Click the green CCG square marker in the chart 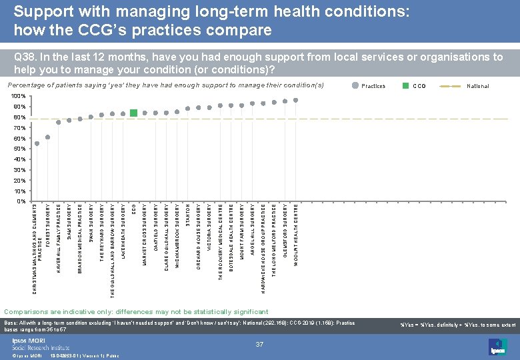[133, 113]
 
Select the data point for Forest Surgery [47, 137]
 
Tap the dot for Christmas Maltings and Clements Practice [37, 143]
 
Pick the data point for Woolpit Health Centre [295, 100]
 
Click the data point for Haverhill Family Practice [58, 122]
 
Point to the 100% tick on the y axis [19, 97]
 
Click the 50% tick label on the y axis [20, 149]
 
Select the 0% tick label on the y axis [21, 201]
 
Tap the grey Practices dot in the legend [355, 86]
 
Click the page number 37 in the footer [260, 343]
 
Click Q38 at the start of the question [25, 57]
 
